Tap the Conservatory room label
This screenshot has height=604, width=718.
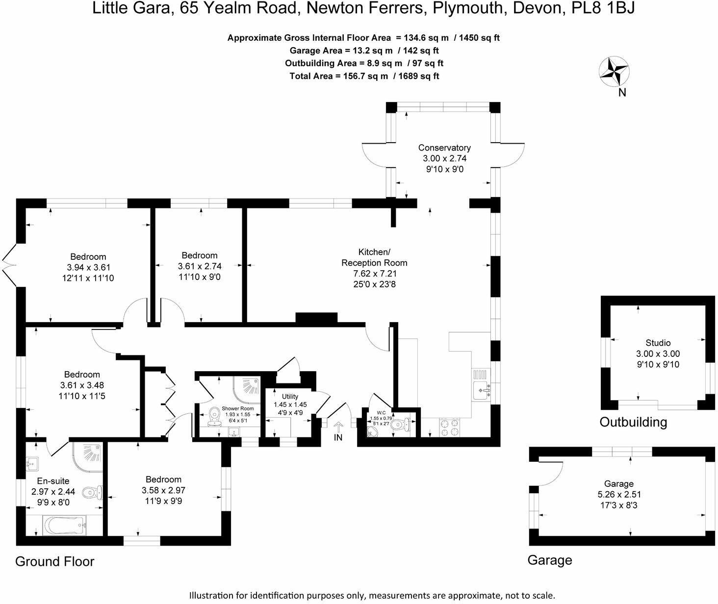click(444, 148)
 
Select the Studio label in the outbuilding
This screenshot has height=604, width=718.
click(658, 343)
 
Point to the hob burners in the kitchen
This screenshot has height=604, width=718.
click(450, 426)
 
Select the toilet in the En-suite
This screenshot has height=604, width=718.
click(92, 492)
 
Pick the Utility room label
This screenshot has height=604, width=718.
click(290, 396)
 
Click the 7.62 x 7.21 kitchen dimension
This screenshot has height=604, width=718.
click(374, 274)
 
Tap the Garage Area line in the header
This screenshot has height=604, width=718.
click(364, 50)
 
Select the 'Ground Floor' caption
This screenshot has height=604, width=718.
click(54, 561)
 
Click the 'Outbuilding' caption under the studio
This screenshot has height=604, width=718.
click(633, 422)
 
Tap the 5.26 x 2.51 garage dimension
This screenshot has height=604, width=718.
click(618, 494)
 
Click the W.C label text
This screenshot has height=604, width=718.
click(381, 413)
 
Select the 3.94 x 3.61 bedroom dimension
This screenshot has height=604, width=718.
click(88, 267)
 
